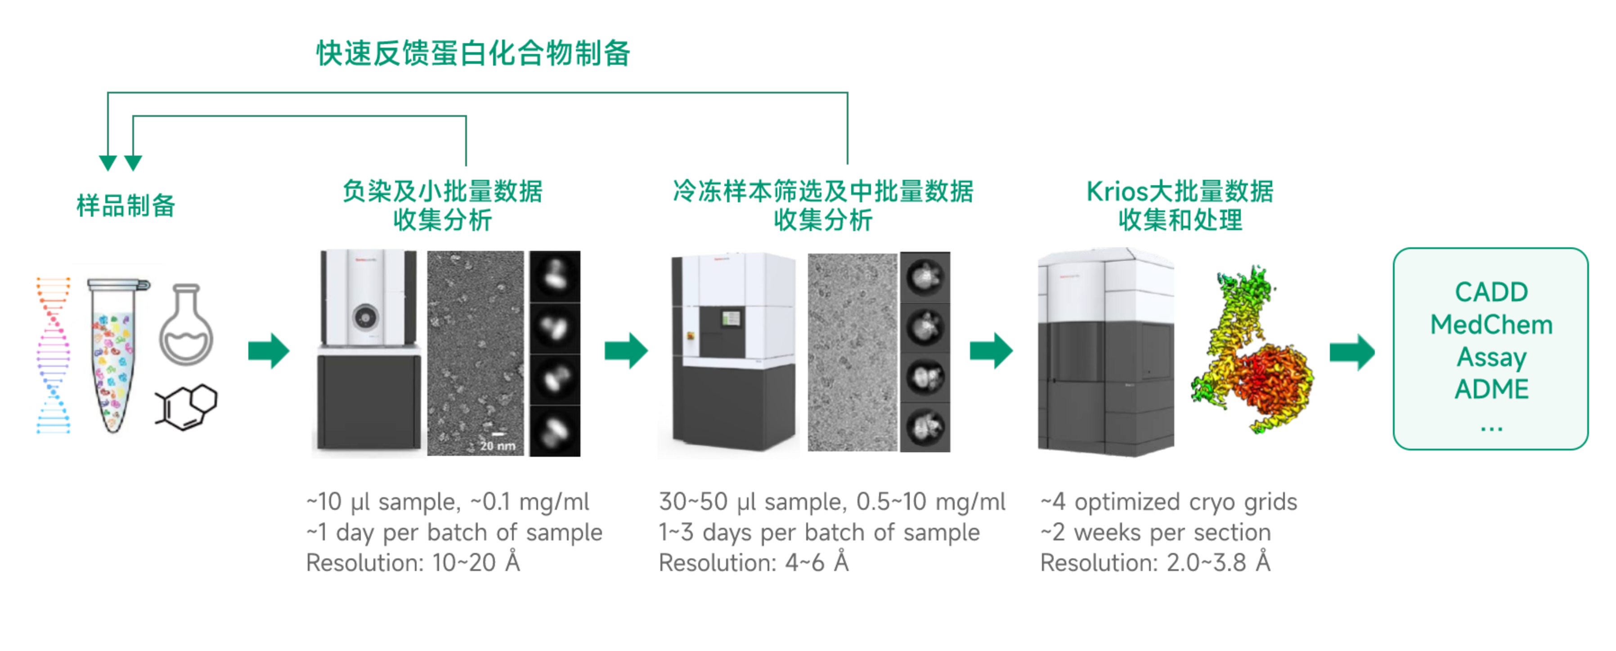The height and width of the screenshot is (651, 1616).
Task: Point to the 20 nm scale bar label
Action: click(498, 445)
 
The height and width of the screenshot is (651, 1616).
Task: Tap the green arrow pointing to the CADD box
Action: click(1351, 352)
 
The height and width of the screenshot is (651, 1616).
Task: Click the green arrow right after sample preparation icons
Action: click(269, 351)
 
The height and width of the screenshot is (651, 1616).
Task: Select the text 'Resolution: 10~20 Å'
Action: click(413, 562)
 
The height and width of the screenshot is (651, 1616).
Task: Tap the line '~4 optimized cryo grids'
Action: click(1168, 502)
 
